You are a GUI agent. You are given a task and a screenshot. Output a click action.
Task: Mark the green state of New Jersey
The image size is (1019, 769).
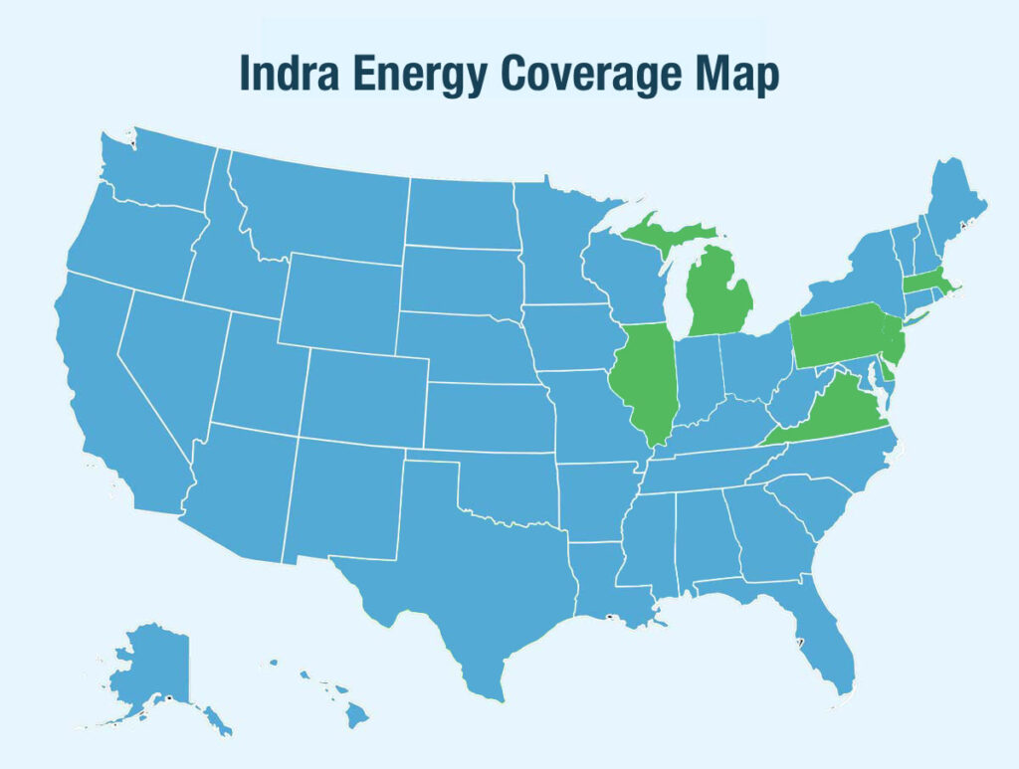click(896, 344)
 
